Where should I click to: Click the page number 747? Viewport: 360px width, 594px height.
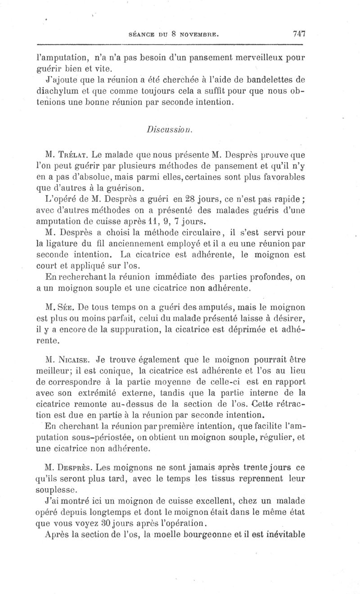coord(299,33)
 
